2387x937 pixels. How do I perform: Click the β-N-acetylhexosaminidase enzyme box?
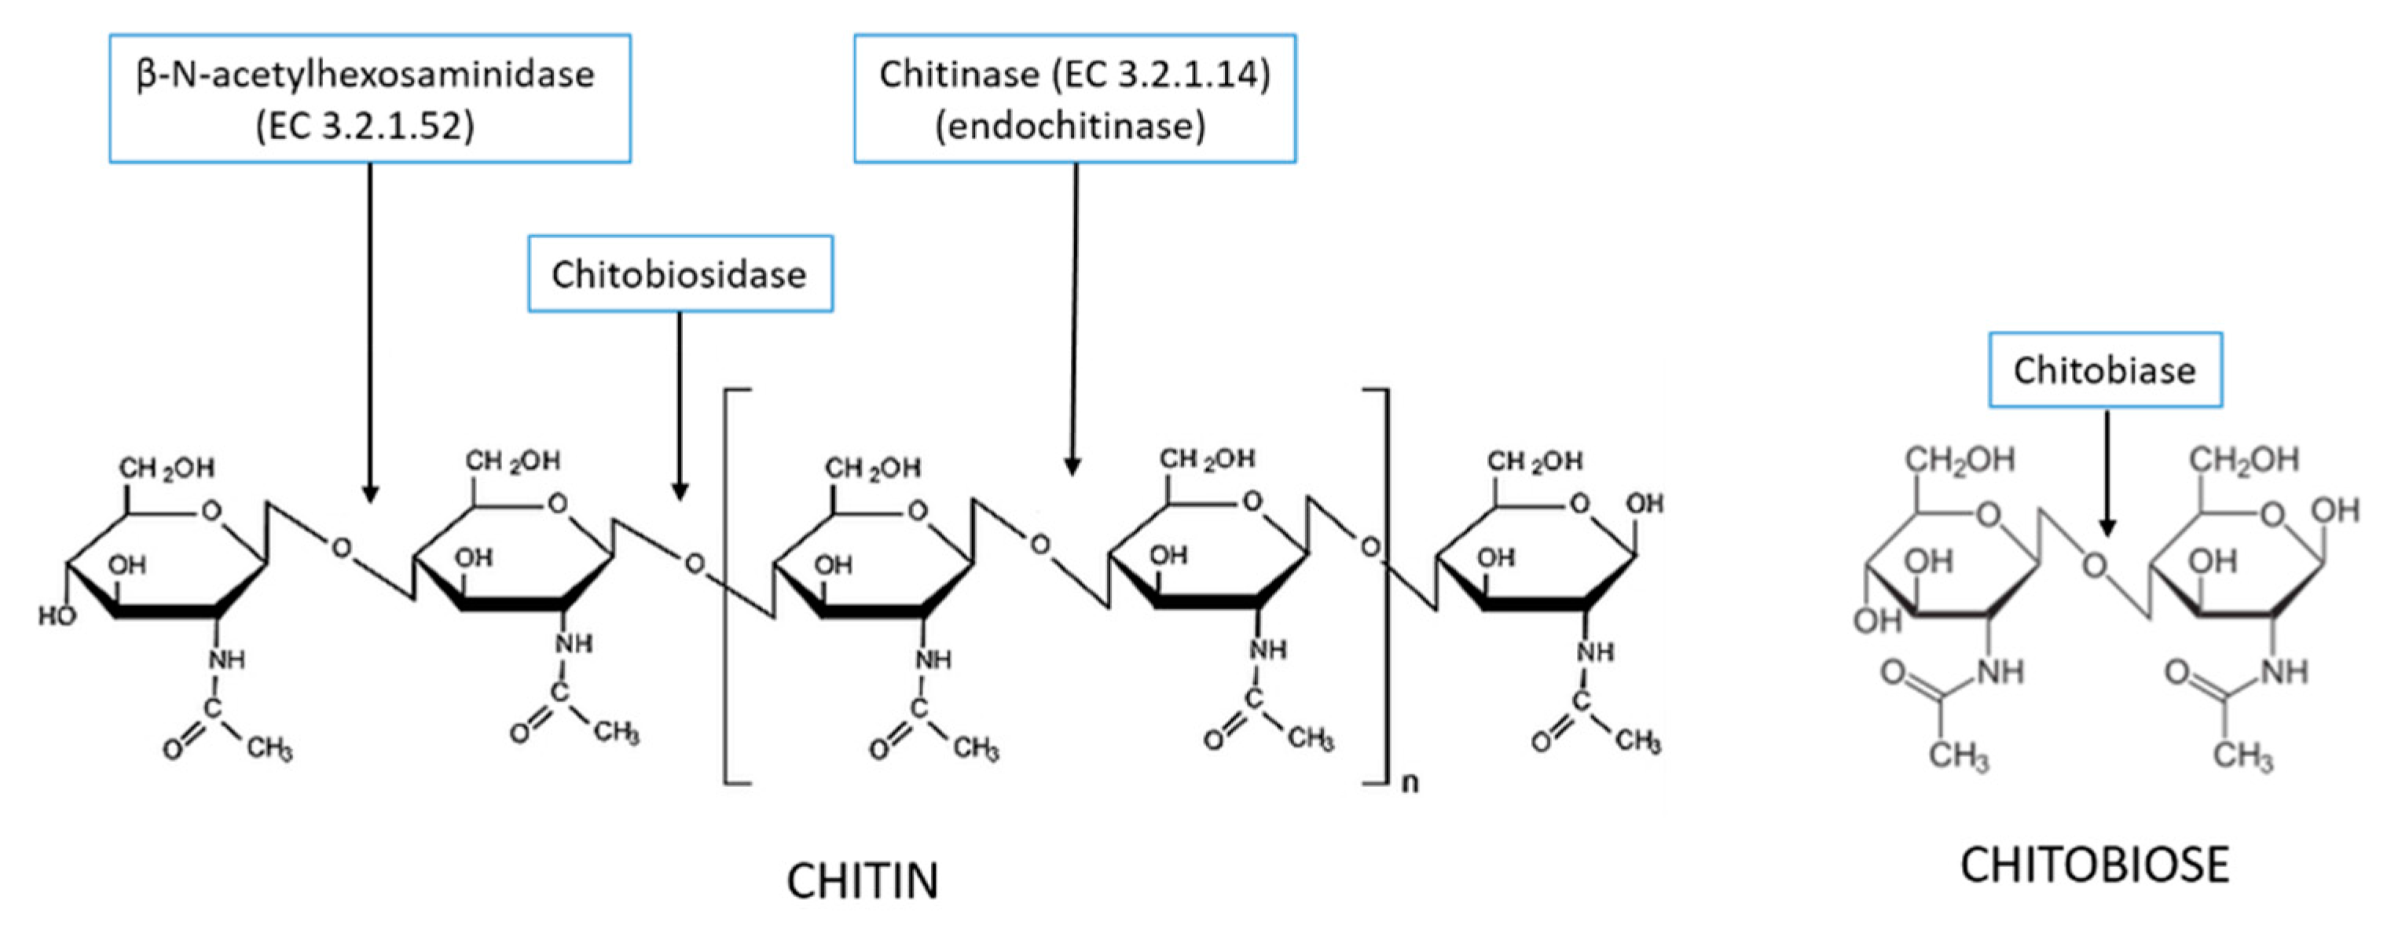[370, 98]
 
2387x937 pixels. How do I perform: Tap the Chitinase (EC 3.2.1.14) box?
[1074, 98]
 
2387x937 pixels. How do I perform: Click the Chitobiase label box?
[2104, 369]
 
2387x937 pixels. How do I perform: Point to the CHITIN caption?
[863, 880]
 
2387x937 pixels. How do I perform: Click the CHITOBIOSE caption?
[2094, 865]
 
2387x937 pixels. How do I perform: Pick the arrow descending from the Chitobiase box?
[2106, 472]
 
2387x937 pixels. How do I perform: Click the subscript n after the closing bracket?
[1410, 783]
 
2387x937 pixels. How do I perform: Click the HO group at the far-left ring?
[57, 615]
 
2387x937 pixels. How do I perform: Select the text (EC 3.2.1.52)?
[365, 125]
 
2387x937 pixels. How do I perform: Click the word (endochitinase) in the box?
[1070, 125]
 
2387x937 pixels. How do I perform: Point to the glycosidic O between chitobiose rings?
[2094, 565]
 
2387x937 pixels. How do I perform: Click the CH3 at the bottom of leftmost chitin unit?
[269, 747]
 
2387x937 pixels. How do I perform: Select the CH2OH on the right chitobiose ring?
[2243, 459]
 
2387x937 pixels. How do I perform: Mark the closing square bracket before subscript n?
[1384, 586]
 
